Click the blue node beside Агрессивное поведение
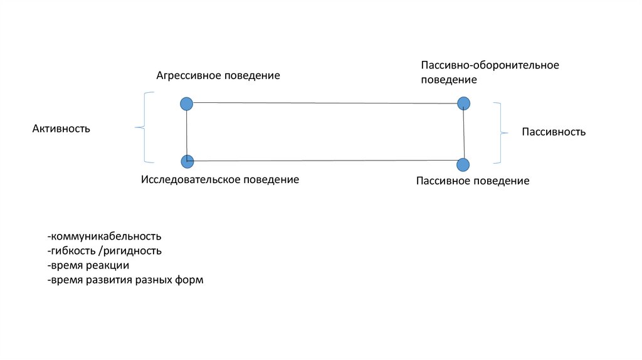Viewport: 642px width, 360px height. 186,104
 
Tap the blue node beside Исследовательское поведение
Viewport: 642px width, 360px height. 187,162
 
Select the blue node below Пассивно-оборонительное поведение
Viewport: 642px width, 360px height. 463,103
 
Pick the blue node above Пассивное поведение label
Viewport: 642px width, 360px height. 463,165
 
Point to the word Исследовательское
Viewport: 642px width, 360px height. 187,180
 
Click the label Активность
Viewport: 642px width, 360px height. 61,129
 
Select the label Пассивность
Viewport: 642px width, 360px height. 554,132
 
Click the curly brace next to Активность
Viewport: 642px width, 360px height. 143,128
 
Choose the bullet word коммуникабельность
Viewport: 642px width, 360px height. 106,236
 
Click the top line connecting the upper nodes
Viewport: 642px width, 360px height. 325,103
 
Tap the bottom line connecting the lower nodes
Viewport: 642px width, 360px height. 325,161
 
